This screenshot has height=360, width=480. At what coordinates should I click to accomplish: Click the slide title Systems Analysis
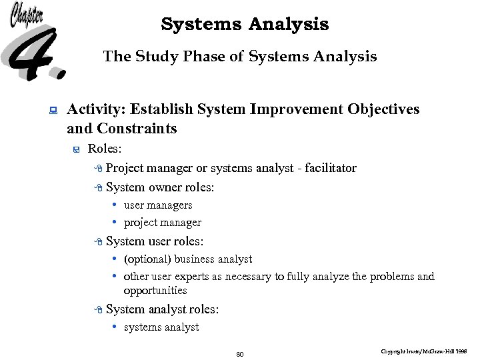[245, 25]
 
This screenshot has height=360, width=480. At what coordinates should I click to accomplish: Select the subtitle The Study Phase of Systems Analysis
[240, 57]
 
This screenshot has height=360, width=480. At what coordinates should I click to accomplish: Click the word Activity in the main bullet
[96, 109]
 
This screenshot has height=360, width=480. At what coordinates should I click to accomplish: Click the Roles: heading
[105, 149]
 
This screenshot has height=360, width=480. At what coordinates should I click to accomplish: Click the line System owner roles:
[160, 187]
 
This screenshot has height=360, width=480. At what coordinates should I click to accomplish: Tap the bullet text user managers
[158, 205]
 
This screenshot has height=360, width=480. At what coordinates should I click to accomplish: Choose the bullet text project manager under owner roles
[163, 223]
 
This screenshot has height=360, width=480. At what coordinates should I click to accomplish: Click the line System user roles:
[155, 241]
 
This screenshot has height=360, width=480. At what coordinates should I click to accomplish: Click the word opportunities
[155, 291]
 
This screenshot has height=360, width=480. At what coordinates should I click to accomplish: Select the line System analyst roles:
[162, 309]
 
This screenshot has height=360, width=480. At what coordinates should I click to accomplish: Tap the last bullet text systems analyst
[161, 327]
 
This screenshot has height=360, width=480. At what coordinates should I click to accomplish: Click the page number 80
[240, 353]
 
